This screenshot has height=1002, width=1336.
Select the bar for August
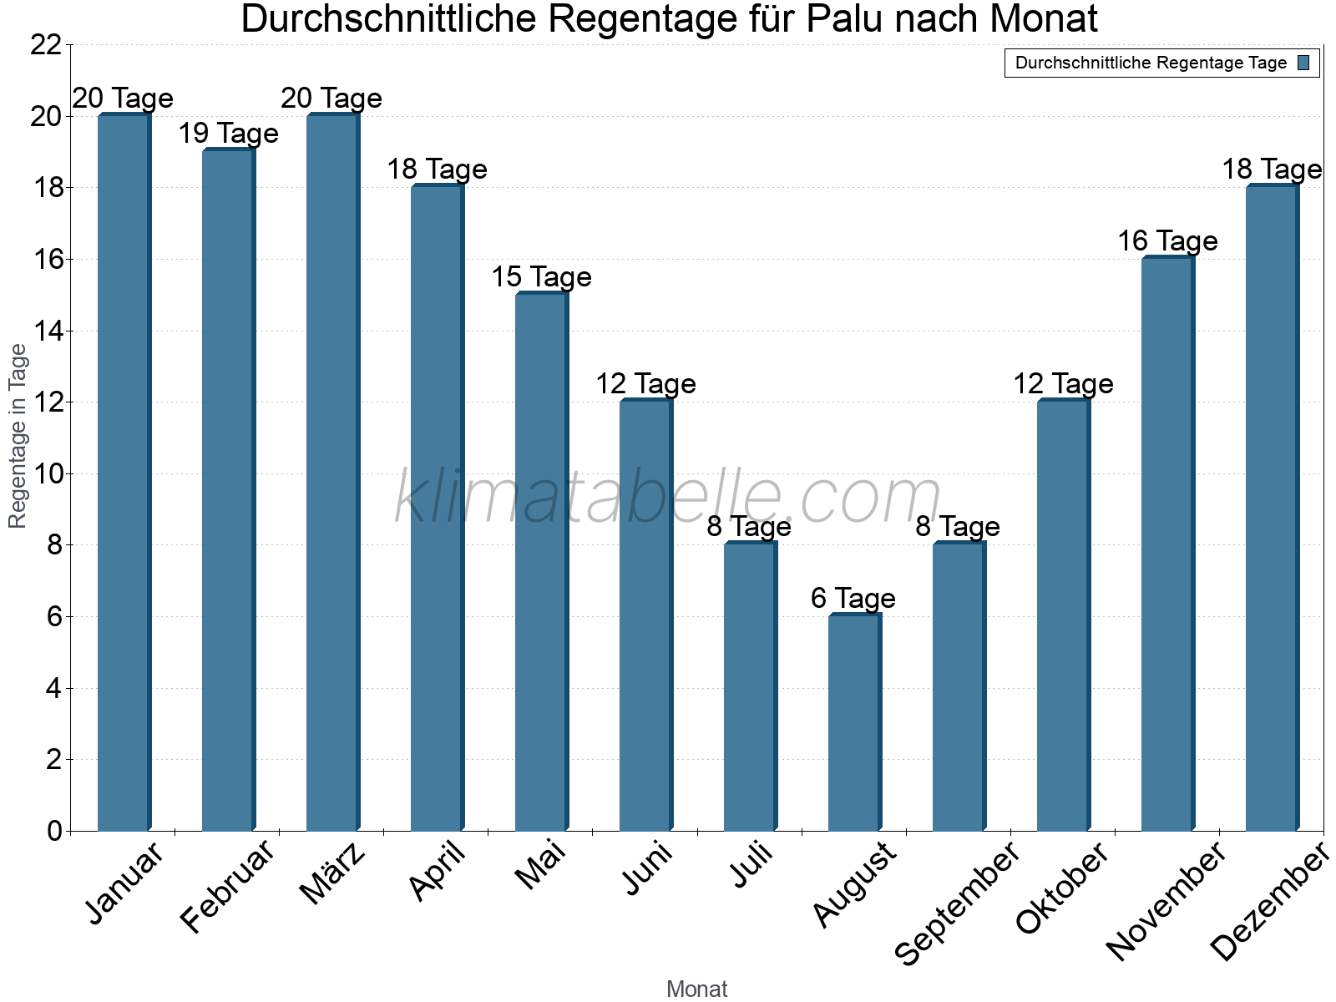click(x=854, y=723)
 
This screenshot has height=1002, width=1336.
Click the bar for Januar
click(x=124, y=473)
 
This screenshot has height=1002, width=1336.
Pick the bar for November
click(x=1167, y=544)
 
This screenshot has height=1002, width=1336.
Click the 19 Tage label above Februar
click(x=228, y=134)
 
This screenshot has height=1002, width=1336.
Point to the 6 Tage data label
click(x=853, y=599)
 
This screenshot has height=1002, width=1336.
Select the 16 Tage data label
click(x=1167, y=241)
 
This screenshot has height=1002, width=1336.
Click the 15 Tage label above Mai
click(x=541, y=277)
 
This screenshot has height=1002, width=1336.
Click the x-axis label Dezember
click(x=1269, y=902)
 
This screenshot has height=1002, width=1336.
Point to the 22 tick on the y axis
click(x=46, y=45)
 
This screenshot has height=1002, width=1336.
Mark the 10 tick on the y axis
click(x=46, y=474)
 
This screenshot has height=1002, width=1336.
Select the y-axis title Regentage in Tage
click(x=18, y=436)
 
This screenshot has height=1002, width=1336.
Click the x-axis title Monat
click(x=696, y=989)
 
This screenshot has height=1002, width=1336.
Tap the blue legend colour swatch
click(x=1303, y=63)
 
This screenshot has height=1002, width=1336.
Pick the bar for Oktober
click(x=1063, y=616)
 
